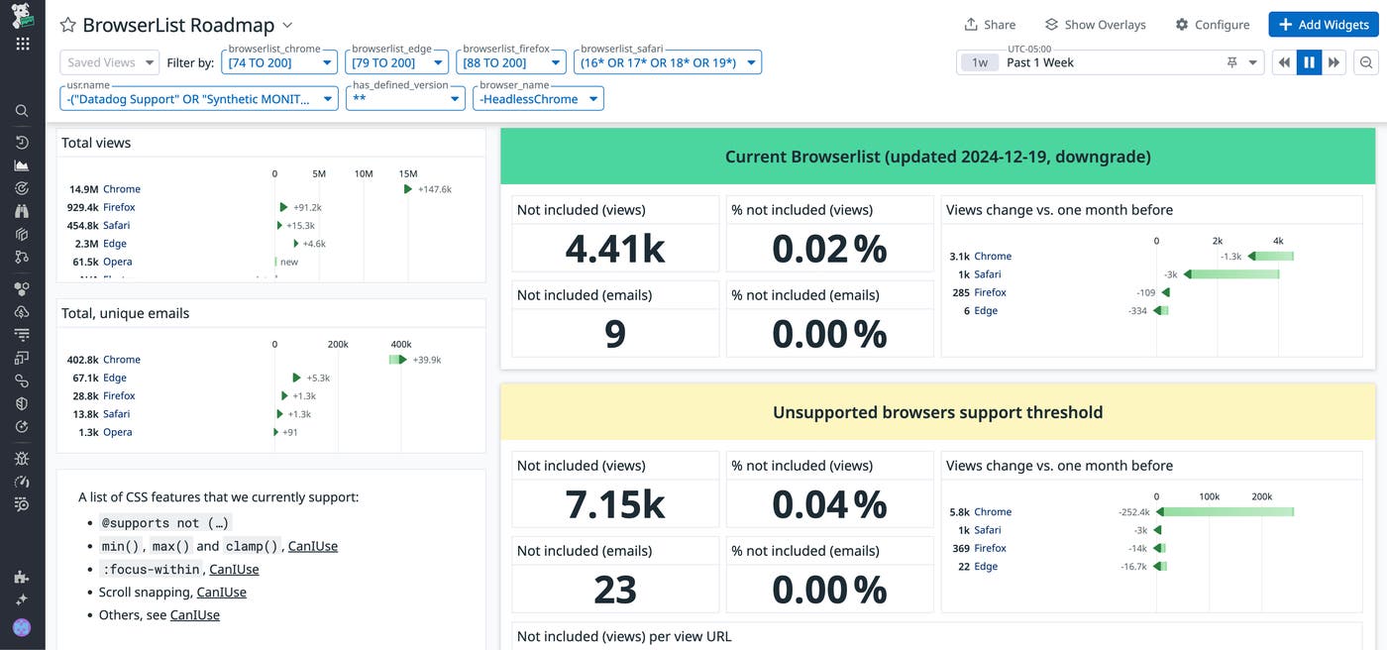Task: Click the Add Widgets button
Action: point(1323,25)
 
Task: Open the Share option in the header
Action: point(990,25)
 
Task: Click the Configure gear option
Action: point(1213,25)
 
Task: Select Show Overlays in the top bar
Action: point(1095,25)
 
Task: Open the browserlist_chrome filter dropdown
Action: point(280,62)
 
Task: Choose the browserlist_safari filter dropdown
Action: point(667,62)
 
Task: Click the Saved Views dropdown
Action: point(109,62)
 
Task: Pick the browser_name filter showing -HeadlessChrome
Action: point(538,99)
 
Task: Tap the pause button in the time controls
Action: point(1309,62)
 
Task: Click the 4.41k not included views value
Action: point(615,249)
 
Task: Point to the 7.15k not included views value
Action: point(615,504)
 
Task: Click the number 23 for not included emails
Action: point(615,590)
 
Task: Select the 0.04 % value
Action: point(829,504)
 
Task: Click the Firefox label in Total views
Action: point(119,207)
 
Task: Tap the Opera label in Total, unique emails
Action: point(117,432)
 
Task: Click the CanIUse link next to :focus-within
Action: point(234,569)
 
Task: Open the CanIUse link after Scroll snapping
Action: point(221,592)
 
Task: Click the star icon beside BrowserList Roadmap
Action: point(67,25)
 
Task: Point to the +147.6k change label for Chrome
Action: point(434,189)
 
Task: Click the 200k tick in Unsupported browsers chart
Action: point(1261,495)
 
